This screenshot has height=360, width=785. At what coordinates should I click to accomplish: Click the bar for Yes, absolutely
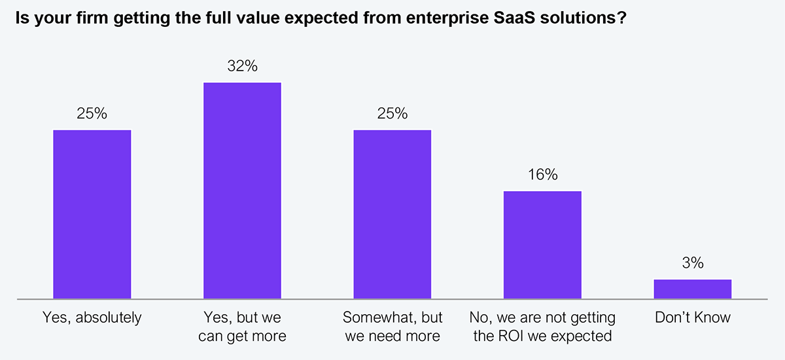(92, 215)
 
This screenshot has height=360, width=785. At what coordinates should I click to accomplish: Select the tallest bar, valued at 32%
(242, 190)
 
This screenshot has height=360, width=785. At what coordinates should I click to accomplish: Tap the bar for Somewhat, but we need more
(392, 215)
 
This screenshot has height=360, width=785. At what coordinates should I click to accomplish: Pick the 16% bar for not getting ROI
(542, 245)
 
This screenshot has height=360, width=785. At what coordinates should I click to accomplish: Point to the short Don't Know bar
(693, 289)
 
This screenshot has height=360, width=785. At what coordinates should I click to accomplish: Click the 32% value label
(242, 66)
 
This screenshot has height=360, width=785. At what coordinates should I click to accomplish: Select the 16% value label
(542, 175)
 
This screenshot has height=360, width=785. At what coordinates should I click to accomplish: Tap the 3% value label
(693, 263)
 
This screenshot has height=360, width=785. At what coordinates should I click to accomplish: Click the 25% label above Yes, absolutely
(92, 114)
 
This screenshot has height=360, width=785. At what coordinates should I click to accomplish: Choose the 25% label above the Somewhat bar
(392, 114)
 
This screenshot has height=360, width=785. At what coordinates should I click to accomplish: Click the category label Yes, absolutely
(92, 319)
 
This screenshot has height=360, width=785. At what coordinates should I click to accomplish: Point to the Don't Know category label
(693, 319)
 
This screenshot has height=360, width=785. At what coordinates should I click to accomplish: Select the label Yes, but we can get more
(242, 327)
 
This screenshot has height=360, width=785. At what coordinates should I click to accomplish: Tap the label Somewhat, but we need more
(392, 327)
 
